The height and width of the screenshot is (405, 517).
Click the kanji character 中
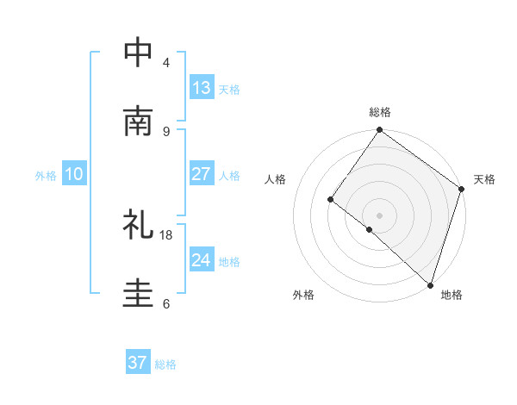click(139, 53)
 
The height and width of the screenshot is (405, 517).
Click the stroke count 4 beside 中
click(166, 62)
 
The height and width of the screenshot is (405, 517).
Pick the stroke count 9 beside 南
click(166, 131)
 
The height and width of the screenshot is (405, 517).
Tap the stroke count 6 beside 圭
click(166, 303)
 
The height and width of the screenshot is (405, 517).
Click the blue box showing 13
click(201, 87)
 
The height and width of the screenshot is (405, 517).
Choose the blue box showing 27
click(201, 174)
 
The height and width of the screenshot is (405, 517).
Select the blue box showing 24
click(201, 260)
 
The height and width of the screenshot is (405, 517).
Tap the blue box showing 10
click(74, 174)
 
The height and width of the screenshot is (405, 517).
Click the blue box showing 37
click(137, 363)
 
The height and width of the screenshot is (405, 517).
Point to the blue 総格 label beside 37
click(165, 364)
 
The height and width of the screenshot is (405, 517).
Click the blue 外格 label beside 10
click(46, 176)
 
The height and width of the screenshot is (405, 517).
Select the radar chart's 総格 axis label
click(380, 113)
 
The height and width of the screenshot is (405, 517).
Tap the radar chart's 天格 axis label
click(484, 179)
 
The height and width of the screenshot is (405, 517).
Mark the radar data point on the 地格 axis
click(430, 283)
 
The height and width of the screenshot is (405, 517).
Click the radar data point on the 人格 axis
click(330, 199)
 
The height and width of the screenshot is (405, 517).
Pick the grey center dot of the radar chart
click(379, 215)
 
